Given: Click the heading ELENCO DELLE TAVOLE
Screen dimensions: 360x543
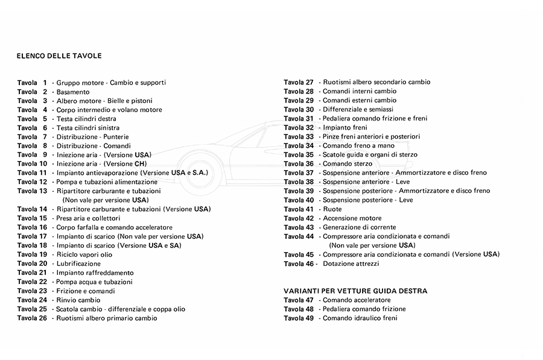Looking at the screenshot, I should point(59,56).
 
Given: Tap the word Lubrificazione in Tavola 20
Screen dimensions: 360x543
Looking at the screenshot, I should point(78,264).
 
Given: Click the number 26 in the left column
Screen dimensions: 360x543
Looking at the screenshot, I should point(43,318).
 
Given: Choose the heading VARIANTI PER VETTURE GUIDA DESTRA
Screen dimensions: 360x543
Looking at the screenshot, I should point(355,291).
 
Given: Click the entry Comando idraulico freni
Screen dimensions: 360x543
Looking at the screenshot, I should point(360,318).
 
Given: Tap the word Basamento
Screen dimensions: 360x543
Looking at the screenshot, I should point(73,92).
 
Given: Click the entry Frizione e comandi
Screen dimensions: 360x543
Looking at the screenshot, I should point(86,291).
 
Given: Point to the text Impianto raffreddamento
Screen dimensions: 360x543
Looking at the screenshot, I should point(95,273).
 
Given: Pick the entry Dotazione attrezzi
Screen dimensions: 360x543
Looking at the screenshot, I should point(351,264).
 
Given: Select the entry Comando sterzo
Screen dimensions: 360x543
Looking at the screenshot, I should point(348,163).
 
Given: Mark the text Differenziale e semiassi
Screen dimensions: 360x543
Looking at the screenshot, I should point(358,109).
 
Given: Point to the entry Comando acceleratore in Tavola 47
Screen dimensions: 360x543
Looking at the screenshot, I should point(357,300).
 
